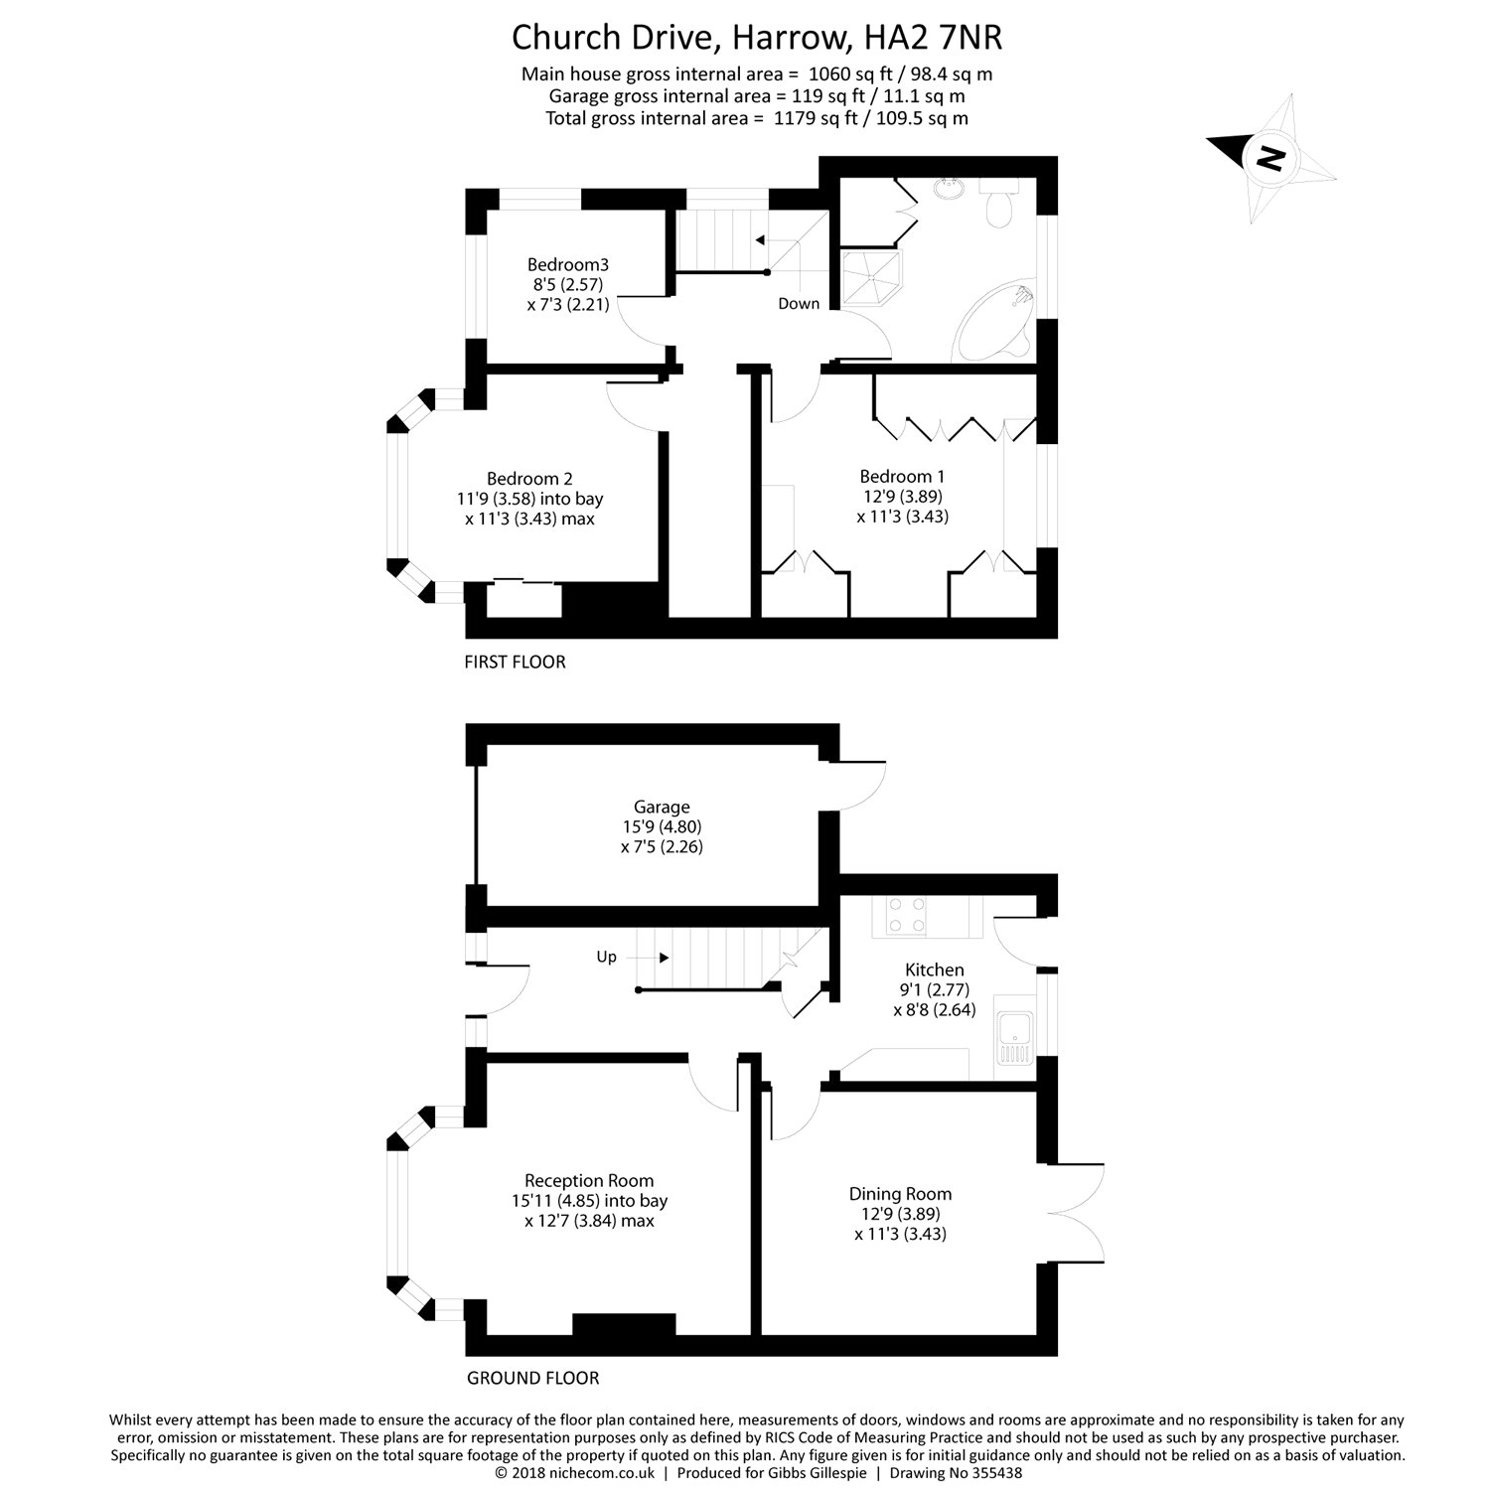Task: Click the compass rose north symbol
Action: click(1268, 157)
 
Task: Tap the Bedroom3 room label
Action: click(567, 265)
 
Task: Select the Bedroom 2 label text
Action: click(529, 479)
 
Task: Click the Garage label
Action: click(662, 808)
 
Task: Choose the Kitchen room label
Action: click(934, 970)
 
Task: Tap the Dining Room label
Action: click(900, 1194)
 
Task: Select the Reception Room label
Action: click(589, 1181)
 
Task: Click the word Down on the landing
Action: click(799, 304)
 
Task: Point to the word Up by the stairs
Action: click(606, 958)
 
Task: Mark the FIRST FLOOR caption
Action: click(515, 662)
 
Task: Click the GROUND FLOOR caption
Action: click(533, 1378)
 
